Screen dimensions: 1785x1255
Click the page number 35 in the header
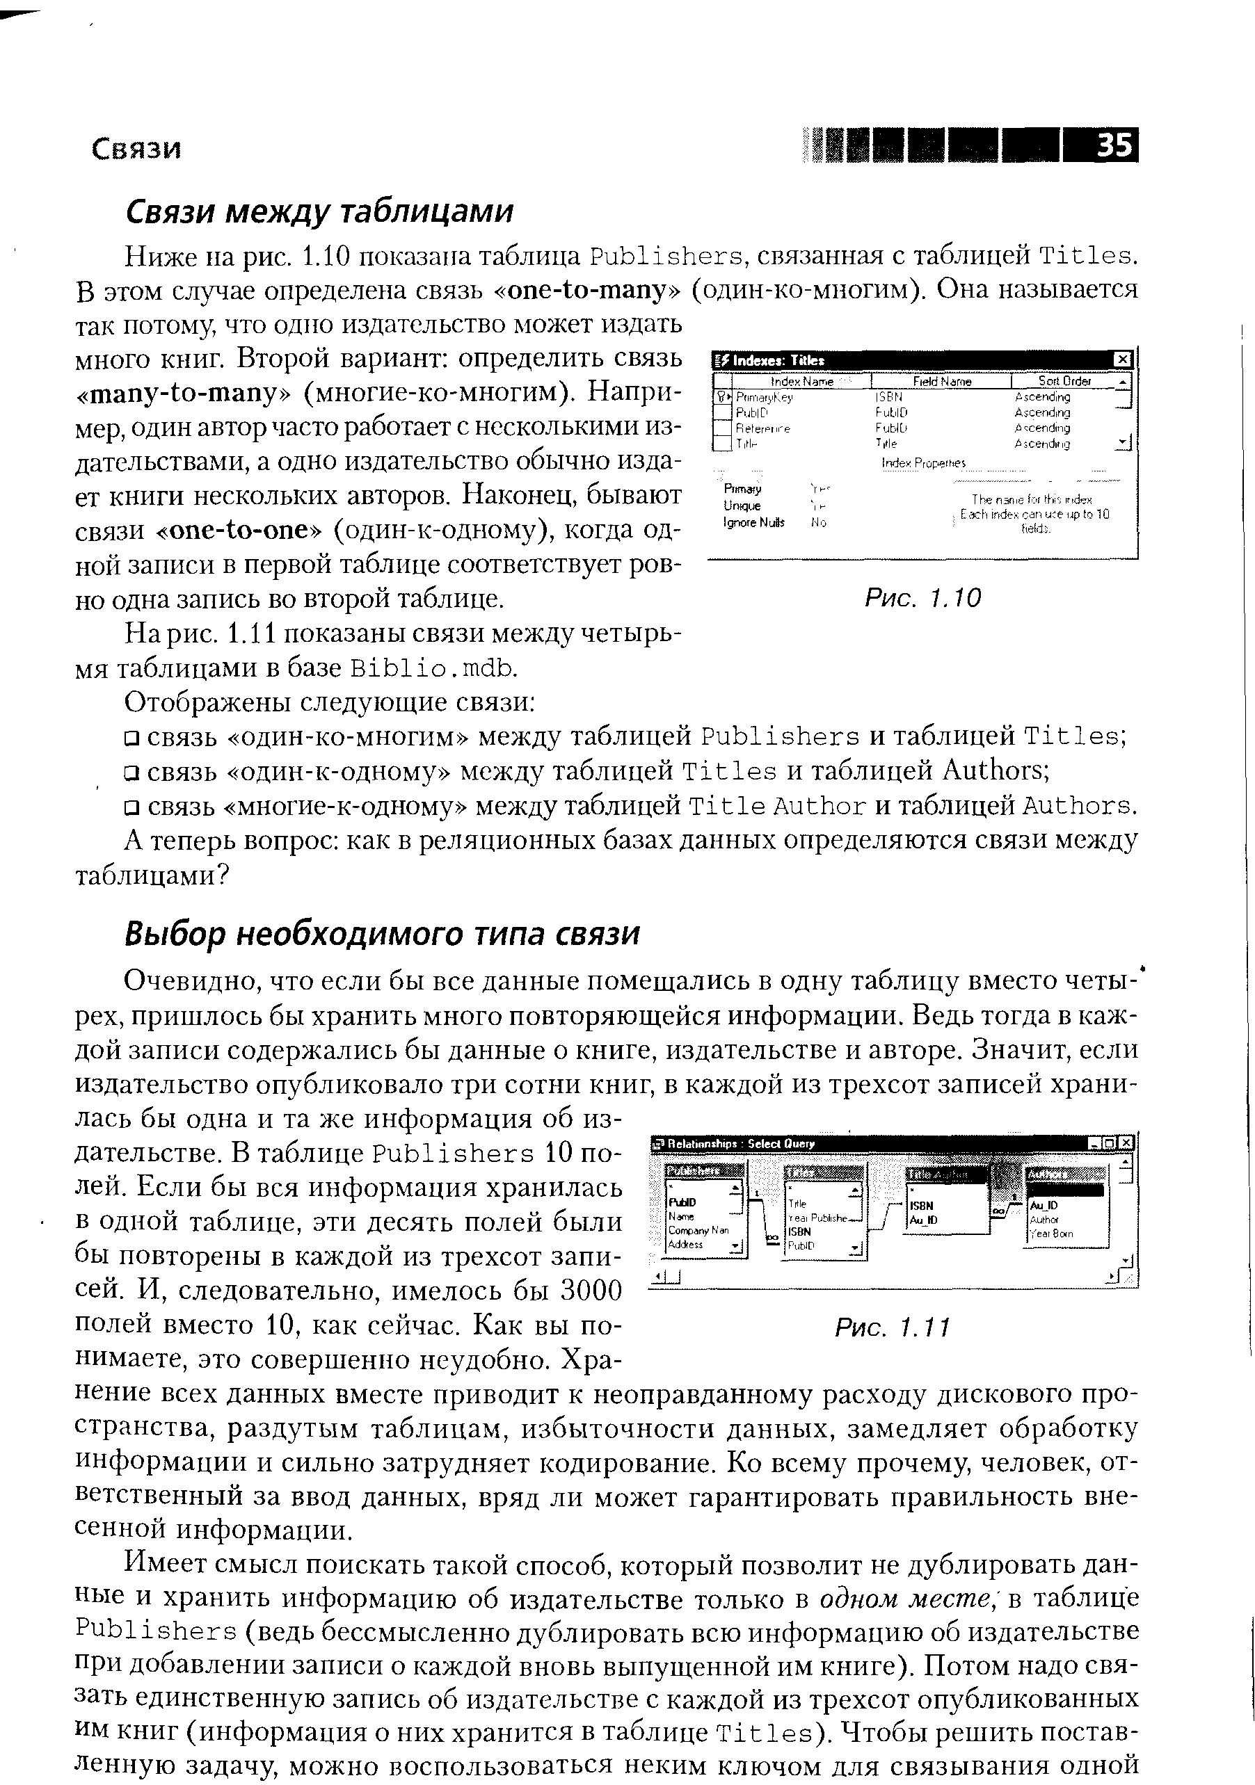pos(1114,145)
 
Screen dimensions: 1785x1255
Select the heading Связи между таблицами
pos(319,211)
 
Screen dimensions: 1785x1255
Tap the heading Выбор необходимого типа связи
pos(382,933)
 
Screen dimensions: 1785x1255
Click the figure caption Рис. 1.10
pos(923,597)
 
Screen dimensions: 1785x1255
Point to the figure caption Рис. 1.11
pos(893,1326)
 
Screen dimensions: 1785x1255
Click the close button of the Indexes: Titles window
pos(1121,360)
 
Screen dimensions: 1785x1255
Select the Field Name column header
pos(942,381)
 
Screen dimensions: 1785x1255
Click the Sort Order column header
pos(1064,381)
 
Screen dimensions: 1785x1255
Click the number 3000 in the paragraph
pos(591,1291)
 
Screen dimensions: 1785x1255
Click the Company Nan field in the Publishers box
pos(698,1231)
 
